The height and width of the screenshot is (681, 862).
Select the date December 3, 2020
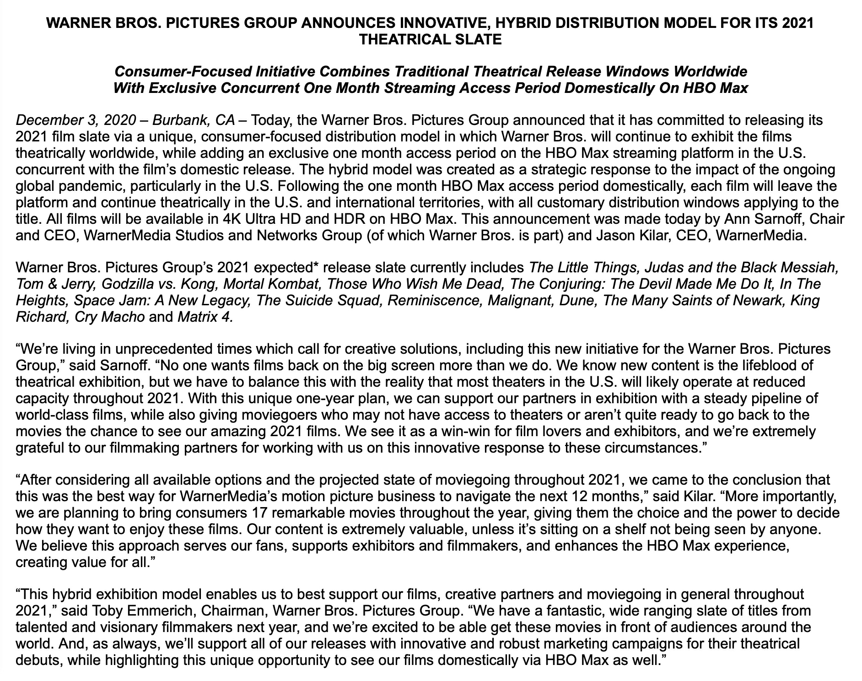click(75, 120)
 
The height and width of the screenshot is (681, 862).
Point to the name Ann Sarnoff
click(761, 219)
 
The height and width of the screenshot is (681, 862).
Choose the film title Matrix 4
click(205, 317)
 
